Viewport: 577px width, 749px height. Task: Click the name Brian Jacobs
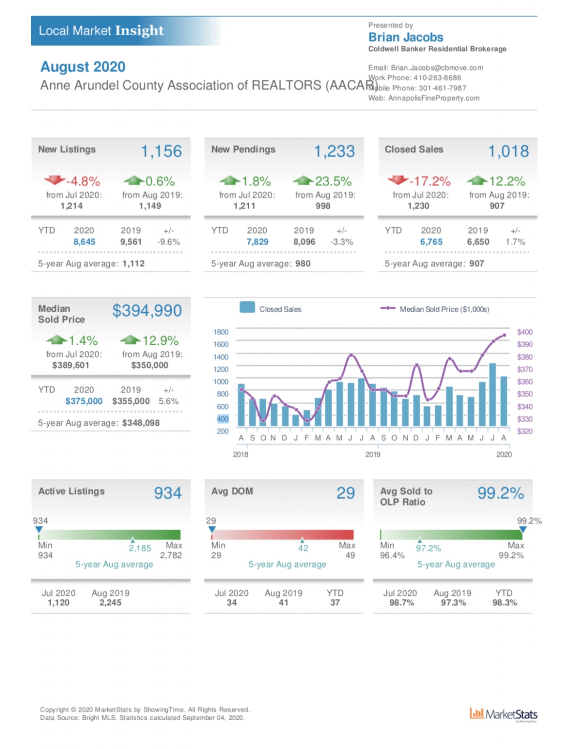coord(405,37)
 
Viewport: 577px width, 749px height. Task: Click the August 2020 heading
coord(83,67)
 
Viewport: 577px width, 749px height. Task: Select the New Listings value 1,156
coord(161,151)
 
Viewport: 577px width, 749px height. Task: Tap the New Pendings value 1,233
coord(334,151)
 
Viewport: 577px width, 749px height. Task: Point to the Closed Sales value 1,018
coord(508,151)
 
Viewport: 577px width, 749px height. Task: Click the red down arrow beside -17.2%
coord(398,180)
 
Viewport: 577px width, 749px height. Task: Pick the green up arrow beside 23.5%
coord(303,180)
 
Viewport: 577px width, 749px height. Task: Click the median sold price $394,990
coord(147,311)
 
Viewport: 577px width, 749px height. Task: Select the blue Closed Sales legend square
coord(247,307)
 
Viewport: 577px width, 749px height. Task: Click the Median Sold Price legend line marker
coord(388,308)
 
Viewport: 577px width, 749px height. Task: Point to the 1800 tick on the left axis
coord(220,332)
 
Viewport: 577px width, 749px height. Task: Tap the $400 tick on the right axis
coord(525,332)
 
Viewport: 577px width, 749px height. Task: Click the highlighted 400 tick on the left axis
coord(222,419)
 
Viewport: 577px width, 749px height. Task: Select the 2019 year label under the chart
coord(373,454)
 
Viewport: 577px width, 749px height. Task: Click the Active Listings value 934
coord(168,493)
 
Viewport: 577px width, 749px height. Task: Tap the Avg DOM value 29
coord(345,493)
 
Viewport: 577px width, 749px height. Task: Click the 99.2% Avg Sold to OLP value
coord(500,493)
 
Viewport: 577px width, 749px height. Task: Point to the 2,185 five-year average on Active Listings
coord(140,548)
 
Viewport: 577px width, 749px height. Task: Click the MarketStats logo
coord(503,714)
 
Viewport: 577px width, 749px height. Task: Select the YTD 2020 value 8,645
coord(84,242)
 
